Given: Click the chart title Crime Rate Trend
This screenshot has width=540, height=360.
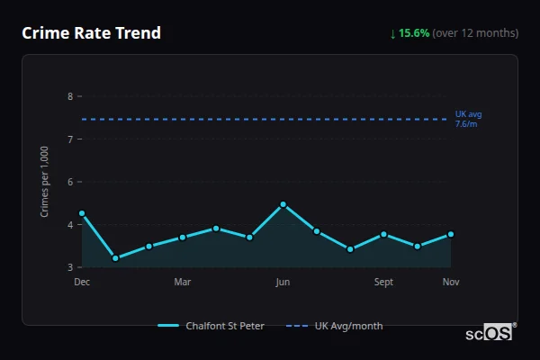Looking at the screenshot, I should pyautogui.click(x=92, y=33).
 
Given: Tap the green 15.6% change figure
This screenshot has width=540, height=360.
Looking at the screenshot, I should pyautogui.click(x=415, y=33).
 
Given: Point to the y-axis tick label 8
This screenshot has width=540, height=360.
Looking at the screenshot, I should pyautogui.click(x=70, y=96).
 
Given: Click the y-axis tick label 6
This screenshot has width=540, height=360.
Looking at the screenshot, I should pyautogui.click(x=70, y=182).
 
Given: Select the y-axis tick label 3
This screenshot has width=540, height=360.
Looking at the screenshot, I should pyautogui.click(x=70, y=267).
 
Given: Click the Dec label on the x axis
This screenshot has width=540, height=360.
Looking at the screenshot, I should pyautogui.click(x=82, y=282).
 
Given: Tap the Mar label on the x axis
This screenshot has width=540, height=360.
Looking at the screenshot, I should pyautogui.click(x=182, y=282).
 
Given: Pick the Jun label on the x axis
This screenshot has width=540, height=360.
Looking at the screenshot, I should pyautogui.click(x=283, y=282).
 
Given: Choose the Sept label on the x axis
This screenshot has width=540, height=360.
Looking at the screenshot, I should pyautogui.click(x=383, y=282).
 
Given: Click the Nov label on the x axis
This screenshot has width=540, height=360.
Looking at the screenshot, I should pyautogui.click(x=451, y=282).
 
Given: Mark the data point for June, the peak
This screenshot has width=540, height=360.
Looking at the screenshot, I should pyautogui.click(x=283, y=204).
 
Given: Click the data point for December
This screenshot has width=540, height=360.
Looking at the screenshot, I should pyautogui.click(x=82, y=213).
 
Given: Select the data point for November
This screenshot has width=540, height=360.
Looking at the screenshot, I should pyautogui.click(x=451, y=234).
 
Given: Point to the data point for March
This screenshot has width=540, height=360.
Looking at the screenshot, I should pyautogui.click(x=182, y=238).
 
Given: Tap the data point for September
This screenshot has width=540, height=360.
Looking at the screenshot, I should pyautogui.click(x=383, y=234).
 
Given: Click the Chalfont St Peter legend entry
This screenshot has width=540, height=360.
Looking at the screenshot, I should pyautogui.click(x=212, y=326).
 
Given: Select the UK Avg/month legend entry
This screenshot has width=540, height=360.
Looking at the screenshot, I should pyautogui.click(x=335, y=326).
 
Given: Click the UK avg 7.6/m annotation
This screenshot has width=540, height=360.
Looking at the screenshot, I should pyautogui.click(x=468, y=119).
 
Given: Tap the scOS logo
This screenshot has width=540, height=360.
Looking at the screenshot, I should pyautogui.click(x=490, y=332).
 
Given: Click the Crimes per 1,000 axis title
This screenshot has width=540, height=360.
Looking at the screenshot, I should pyautogui.click(x=45, y=182).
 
